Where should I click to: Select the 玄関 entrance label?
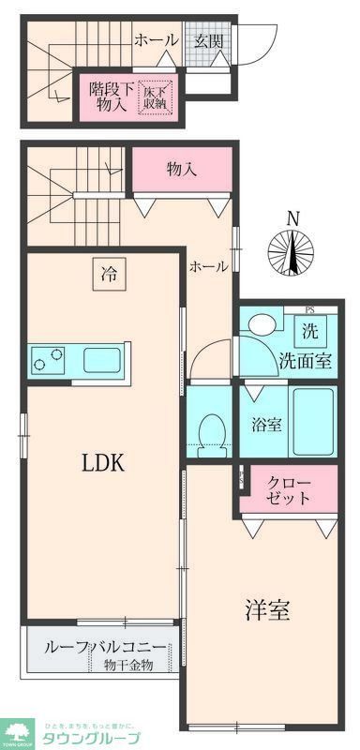coord(208,39)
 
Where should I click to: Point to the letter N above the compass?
coord(292,217)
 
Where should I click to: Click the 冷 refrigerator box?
coord(109,275)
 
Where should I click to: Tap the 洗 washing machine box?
coord(309,330)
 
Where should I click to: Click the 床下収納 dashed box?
coord(156,97)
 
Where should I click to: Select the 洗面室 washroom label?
coord(304,362)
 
